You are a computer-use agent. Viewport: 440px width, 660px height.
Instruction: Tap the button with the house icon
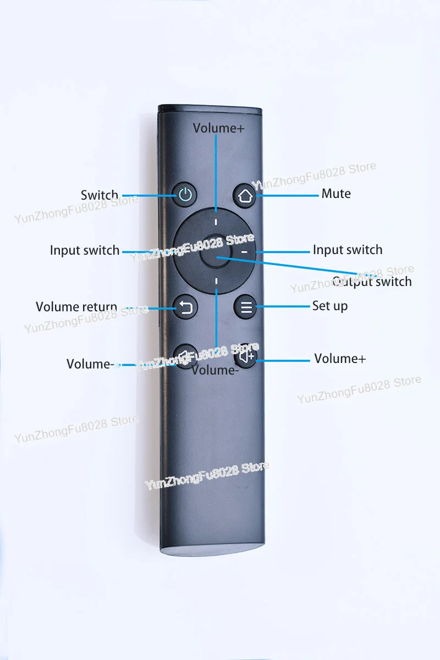pyautogui.click(x=245, y=196)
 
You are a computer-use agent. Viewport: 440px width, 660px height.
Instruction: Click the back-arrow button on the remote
pyautogui.click(x=185, y=307)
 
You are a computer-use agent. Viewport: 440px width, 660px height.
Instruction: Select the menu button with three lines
pyautogui.click(x=246, y=307)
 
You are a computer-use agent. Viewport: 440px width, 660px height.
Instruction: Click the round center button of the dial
pyautogui.click(x=215, y=251)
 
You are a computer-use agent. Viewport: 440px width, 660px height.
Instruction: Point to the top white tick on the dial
pyautogui.click(x=216, y=222)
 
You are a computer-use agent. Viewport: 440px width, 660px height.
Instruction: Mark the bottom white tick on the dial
pyautogui.click(x=216, y=281)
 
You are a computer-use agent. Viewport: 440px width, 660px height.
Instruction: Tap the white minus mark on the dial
pyautogui.click(x=244, y=252)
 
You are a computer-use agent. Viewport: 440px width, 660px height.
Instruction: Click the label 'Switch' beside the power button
pyautogui.click(x=100, y=195)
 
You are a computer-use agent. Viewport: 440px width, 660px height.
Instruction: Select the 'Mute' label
pyautogui.click(x=336, y=194)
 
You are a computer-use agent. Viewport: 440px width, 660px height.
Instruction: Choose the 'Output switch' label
pyautogui.click(x=372, y=282)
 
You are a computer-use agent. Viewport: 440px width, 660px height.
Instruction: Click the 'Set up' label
pyautogui.click(x=330, y=306)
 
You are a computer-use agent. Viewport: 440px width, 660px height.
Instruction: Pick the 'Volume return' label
pyautogui.click(x=76, y=307)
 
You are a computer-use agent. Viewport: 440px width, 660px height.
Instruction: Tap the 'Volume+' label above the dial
pyautogui.click(x=219, y=128)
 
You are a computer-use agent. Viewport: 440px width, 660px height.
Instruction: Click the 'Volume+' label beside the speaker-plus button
pyautogui.click(x=340, y=359)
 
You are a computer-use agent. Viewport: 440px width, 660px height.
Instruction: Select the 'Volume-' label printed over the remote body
pyautogui.click(x=215, y=370)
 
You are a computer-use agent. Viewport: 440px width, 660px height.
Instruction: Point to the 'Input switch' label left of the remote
pyautogui.click(x=85, y=250)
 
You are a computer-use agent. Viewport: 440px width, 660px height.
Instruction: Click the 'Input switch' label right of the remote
pyautogui.click(x=348, y=250)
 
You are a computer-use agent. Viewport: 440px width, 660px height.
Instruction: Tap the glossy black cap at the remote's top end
pyautogui.click(x=210, y=108)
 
